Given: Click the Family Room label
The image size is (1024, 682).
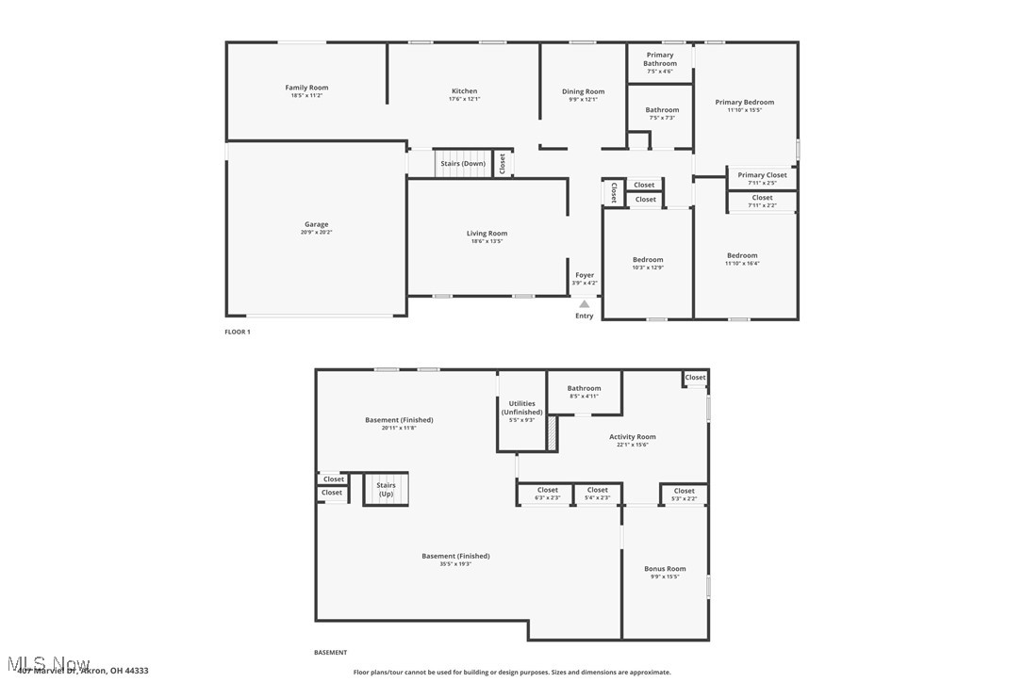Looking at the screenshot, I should pyautogui.click(x=306, y=88).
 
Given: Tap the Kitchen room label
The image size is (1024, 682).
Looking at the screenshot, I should pyautogui.click(x=464, y=91).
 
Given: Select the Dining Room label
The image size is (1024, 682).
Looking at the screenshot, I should pyautogui.click(x=583, y=91).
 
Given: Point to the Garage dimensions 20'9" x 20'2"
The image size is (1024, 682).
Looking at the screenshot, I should pyautogui.click(x=316, y=232).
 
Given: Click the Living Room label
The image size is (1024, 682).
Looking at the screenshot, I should pyautogui.click(x=487, y=234).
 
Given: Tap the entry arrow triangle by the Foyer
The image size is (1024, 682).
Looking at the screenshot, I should pyautogui.click(x=585, y=303).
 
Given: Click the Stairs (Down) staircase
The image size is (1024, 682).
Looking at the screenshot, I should pyautogui.click(x=463, y=164).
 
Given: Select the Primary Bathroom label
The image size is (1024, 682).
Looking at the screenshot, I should pyautogui.click(x=660, y=59).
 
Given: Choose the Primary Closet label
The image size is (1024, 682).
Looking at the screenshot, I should pyautogui.click(x=762, y=175).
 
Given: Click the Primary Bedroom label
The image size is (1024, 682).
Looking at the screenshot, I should pyautogui.click(x=744, y=102).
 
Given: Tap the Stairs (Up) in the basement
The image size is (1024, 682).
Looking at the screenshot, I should pyautogui.click(x=387, y=490).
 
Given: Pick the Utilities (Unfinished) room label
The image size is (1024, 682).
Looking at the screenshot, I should pyautogui.click(x=521, y=408).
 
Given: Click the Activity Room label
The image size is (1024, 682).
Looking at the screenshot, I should pyautogui.click(x=632, y=437).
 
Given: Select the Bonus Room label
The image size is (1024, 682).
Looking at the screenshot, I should pyautogui.click(x=665, y=569).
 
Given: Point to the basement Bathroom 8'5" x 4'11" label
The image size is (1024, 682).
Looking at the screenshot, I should pyautogui.click(x=584, y=396).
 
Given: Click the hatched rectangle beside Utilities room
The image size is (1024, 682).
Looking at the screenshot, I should pyautogui.click(x=553, y=432).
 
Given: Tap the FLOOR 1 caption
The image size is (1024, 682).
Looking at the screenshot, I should pyautogui.click(x=237, y=332).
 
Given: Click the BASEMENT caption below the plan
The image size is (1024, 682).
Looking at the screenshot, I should pyautogui.click(x=330, y=652).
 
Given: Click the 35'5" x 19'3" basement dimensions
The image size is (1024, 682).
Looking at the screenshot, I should pyautogui.click(x=455, y=564).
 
